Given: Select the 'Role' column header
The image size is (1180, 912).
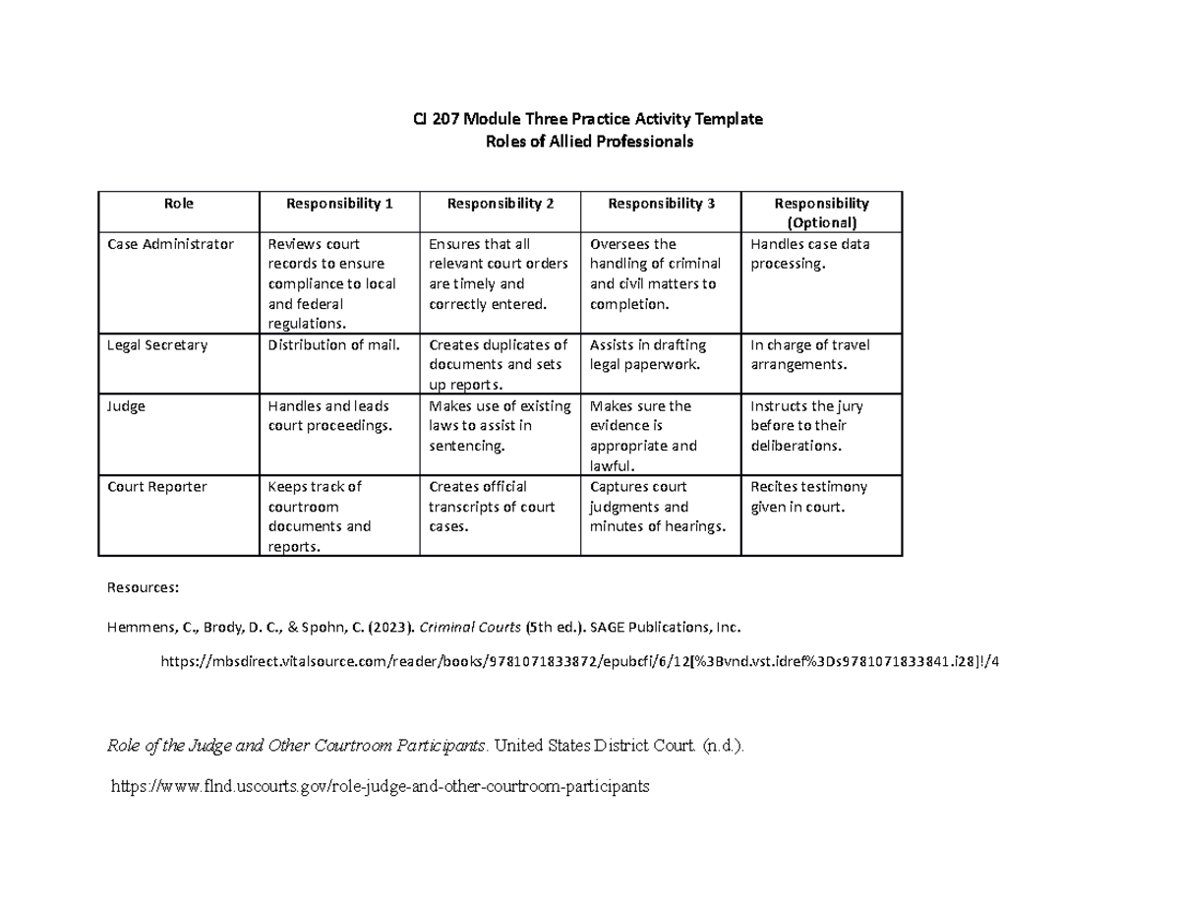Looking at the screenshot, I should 178,204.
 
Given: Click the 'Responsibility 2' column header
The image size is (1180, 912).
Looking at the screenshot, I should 500,204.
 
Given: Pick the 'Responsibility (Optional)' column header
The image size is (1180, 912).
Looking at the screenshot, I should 821,213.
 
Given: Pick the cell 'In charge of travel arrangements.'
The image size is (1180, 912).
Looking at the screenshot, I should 809,355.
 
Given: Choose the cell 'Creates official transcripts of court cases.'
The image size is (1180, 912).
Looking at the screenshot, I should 493,507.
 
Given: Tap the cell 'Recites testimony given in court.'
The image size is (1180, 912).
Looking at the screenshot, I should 808,497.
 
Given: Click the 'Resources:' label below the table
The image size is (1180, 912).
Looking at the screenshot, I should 142,588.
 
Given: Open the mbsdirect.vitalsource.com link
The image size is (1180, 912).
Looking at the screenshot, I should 578,661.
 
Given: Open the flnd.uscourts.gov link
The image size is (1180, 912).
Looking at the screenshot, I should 382,787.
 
